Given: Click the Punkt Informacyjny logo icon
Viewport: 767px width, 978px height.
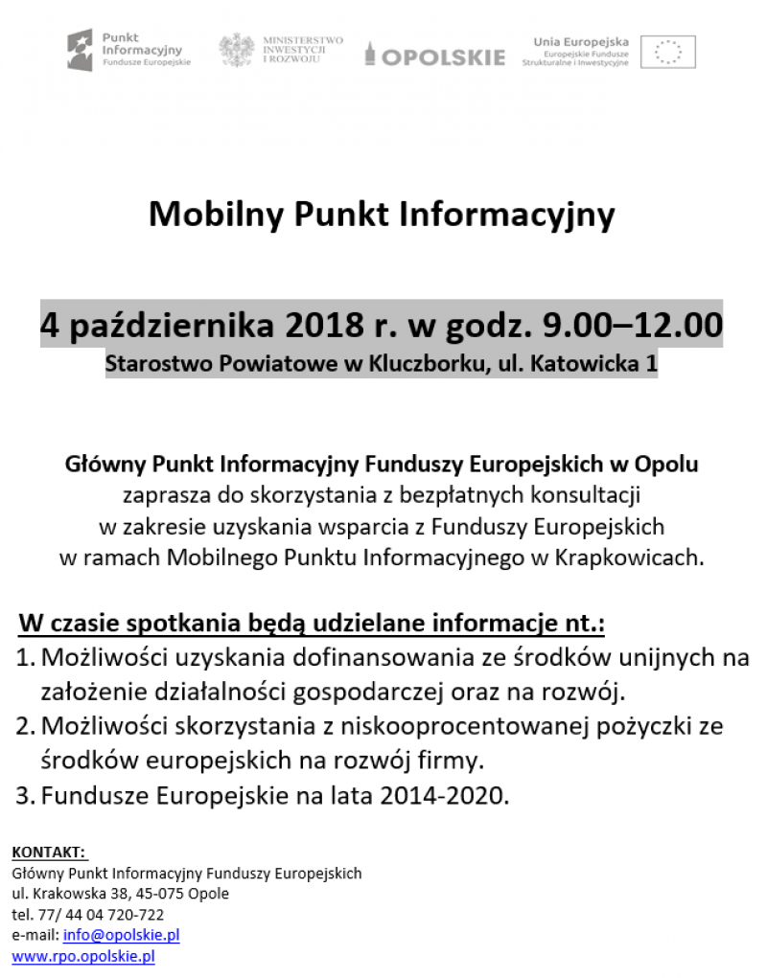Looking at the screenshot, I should click(x=81, y=50).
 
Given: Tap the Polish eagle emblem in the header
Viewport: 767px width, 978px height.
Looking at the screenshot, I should click(x=236, y=50).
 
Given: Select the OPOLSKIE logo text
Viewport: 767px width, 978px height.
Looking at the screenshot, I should click(x=442, y=57).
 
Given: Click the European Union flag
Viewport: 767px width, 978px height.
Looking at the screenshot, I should click(x=667, y=52).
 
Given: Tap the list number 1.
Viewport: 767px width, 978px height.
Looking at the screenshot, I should click(x=26, y=659).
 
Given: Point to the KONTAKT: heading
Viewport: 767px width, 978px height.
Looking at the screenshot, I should click(x=49, y=852).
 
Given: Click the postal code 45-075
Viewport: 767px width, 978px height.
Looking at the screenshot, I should click(x=168, y=894).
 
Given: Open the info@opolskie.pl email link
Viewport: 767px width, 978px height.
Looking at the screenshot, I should click(x=121, y=935).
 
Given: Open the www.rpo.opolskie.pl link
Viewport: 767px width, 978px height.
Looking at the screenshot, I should click(x=83, y=956).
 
